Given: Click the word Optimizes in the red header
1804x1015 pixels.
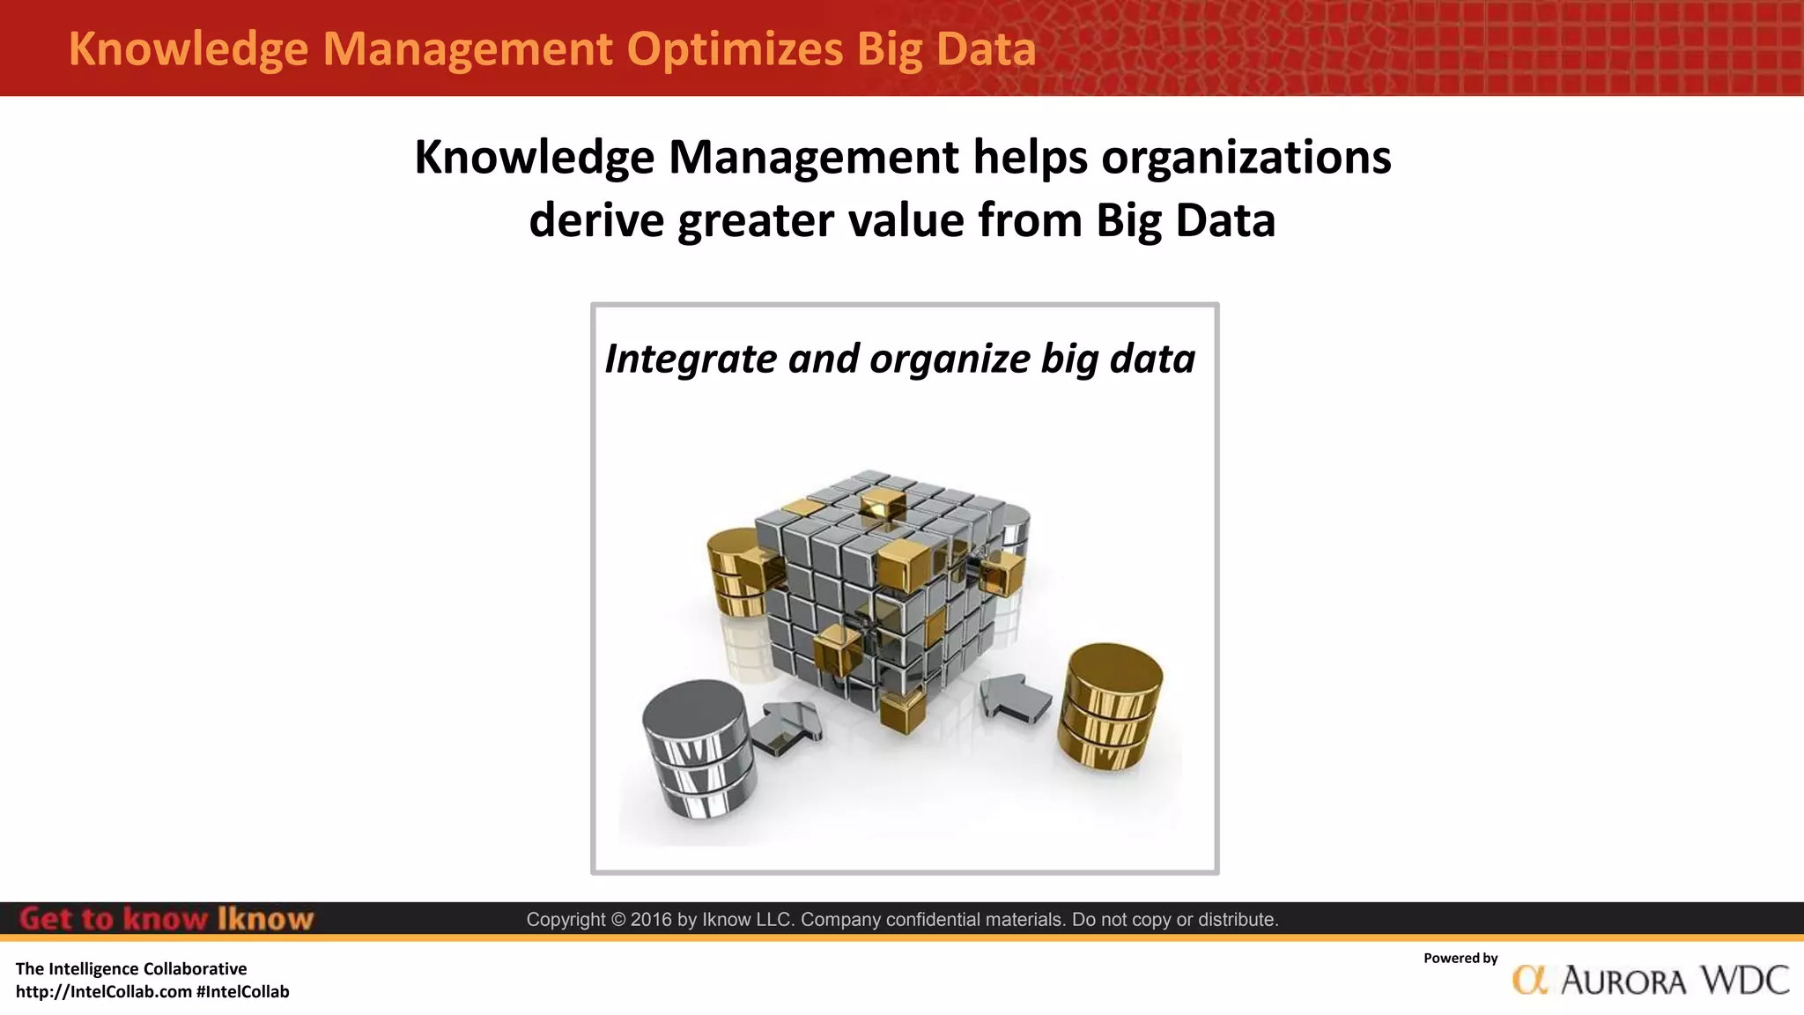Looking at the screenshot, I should coord(735,49).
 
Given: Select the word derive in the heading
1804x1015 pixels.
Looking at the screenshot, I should coord(595,220).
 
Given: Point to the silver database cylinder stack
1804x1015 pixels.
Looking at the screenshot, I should coord(699,749).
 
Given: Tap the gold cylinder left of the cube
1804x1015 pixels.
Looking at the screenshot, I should coord(738,573).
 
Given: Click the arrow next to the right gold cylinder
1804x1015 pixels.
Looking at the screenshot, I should coord(1016,698).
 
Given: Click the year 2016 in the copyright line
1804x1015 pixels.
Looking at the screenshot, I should coord(651,920).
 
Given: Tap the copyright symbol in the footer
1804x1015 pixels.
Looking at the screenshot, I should coord(617,920).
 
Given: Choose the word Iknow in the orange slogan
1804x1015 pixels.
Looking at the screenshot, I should coord(265,919).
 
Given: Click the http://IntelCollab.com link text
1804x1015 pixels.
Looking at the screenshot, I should coord(103,992).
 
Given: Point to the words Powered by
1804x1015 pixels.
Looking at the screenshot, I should coord(1460,959).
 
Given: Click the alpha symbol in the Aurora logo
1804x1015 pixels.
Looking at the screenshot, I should coord(1530,980).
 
